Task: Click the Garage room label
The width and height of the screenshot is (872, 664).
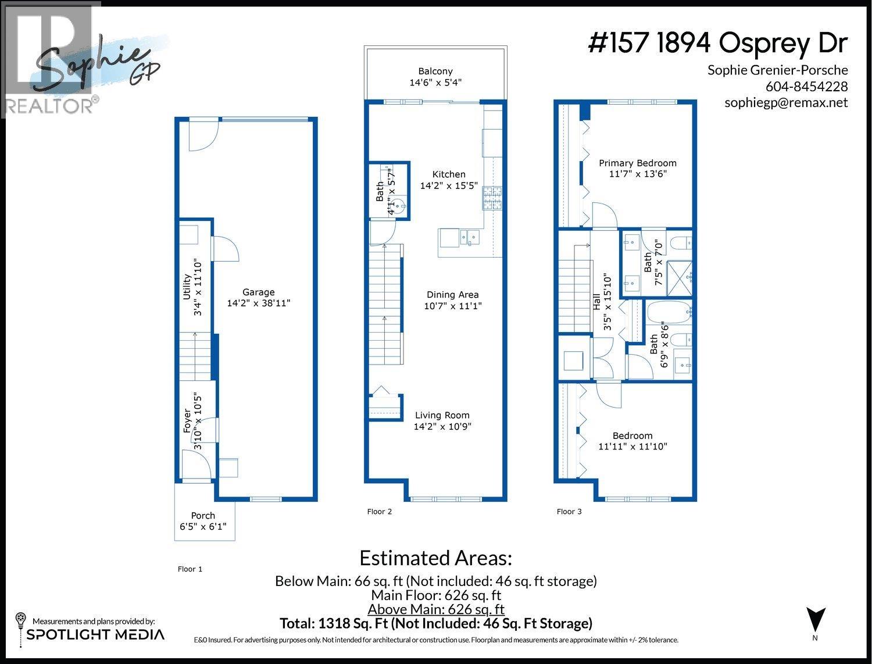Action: coord(259,292)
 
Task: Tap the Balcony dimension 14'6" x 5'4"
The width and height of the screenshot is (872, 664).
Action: coord(435,83)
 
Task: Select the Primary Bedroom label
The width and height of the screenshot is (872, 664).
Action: coord(638,163)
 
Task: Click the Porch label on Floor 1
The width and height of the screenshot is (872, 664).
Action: coord(203,516)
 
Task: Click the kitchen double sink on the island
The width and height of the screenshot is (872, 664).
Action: coord(469,237)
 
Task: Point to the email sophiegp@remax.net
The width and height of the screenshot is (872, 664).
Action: coord(786,103)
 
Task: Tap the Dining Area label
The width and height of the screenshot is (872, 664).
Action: coord(452,295)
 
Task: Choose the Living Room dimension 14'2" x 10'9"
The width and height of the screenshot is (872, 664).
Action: coord(442,427)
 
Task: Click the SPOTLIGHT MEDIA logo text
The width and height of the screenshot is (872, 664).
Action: coord(95,634)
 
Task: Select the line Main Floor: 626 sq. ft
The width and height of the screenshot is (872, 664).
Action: coord(436,595)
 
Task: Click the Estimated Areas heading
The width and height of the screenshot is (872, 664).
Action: coord(436,558)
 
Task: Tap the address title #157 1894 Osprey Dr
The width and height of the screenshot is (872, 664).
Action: coord(718,44)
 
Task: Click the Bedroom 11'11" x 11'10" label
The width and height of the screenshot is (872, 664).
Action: coord(632,441)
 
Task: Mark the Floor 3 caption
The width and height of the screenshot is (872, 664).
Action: coord(569,512)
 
